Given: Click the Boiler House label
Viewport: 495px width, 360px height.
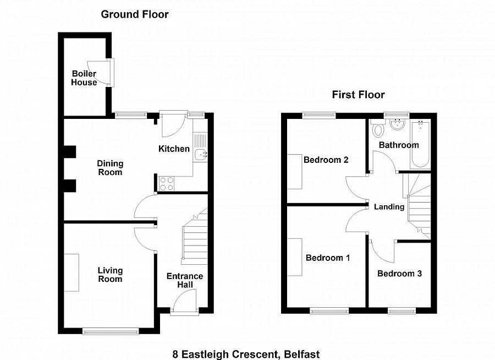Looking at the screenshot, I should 84,78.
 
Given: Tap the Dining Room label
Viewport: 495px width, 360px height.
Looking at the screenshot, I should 110,168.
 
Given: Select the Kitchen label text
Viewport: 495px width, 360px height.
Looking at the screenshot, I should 174,149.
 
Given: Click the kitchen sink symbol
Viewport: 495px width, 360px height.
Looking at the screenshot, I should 201,155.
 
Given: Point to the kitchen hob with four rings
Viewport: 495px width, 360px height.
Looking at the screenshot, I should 167,183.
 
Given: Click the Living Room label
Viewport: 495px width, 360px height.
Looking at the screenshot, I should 110,275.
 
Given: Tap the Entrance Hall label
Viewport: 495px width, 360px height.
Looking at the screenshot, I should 185,280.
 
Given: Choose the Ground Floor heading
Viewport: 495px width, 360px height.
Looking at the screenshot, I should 135,14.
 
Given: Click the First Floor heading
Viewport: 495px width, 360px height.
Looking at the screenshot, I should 358,95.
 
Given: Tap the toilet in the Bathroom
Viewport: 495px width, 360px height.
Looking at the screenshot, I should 378,130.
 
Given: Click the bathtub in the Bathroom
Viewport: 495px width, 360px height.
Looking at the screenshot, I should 420,144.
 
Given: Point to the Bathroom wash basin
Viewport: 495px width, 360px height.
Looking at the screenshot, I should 395,124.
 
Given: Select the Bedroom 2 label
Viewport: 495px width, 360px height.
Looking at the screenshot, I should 326,160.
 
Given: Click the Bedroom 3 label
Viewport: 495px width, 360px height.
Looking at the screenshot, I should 399,274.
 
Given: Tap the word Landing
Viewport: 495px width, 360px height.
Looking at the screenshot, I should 389,207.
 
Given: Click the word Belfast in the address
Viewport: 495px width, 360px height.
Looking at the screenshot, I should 302,354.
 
